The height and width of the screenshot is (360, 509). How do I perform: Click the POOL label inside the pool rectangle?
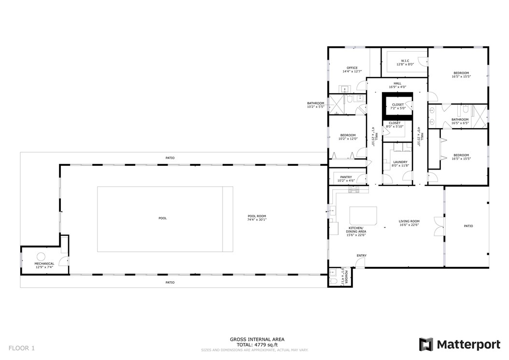[162, 218]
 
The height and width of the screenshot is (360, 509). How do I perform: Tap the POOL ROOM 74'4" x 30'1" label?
[256, 218]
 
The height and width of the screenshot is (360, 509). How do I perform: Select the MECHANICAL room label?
[44, 265]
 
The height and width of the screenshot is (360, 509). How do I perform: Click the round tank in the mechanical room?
[41, 256]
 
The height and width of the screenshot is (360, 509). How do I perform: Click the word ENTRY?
[361, 256]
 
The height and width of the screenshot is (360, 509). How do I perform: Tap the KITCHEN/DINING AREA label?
[357, 233]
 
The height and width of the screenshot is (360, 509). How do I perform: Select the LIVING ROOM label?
[409, 223]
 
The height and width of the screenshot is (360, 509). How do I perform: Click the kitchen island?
[362, 214]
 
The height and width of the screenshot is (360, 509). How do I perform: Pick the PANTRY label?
[345, 178]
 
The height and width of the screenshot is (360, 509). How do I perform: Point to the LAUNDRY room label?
[400, 164]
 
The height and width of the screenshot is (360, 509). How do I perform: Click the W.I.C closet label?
[405, 62]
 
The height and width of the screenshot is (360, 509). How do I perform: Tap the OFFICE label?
[352, 69]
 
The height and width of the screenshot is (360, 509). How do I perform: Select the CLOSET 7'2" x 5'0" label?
[398, 106]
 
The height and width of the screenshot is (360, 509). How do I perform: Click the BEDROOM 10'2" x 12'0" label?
[348, 137]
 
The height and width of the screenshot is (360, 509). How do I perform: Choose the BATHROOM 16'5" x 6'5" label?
[460, 121]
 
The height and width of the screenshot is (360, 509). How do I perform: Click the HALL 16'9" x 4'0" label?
[397, 85]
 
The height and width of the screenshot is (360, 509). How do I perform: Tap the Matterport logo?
[460, 345]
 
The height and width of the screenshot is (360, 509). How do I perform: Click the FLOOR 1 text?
[22, 347]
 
